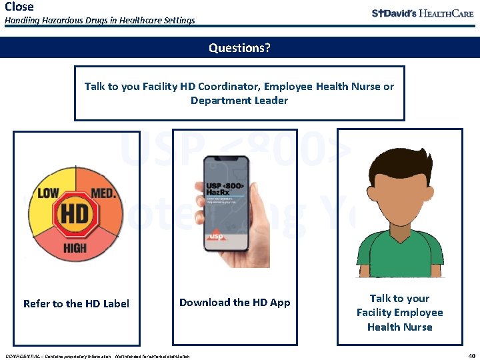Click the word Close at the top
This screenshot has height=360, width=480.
[19, 7]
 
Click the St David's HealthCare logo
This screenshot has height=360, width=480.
[423, 13]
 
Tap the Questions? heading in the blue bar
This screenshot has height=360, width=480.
[239, 48]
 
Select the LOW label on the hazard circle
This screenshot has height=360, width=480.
[48, 193]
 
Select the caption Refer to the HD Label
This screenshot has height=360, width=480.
[76, 304]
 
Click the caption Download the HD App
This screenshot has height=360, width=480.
[235, 303]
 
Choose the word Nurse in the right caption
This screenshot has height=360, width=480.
[418, 327]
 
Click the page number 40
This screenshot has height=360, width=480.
[471, 355]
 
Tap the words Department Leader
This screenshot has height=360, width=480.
[239, 101]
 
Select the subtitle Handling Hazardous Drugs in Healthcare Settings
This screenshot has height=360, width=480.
[100, 21]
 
